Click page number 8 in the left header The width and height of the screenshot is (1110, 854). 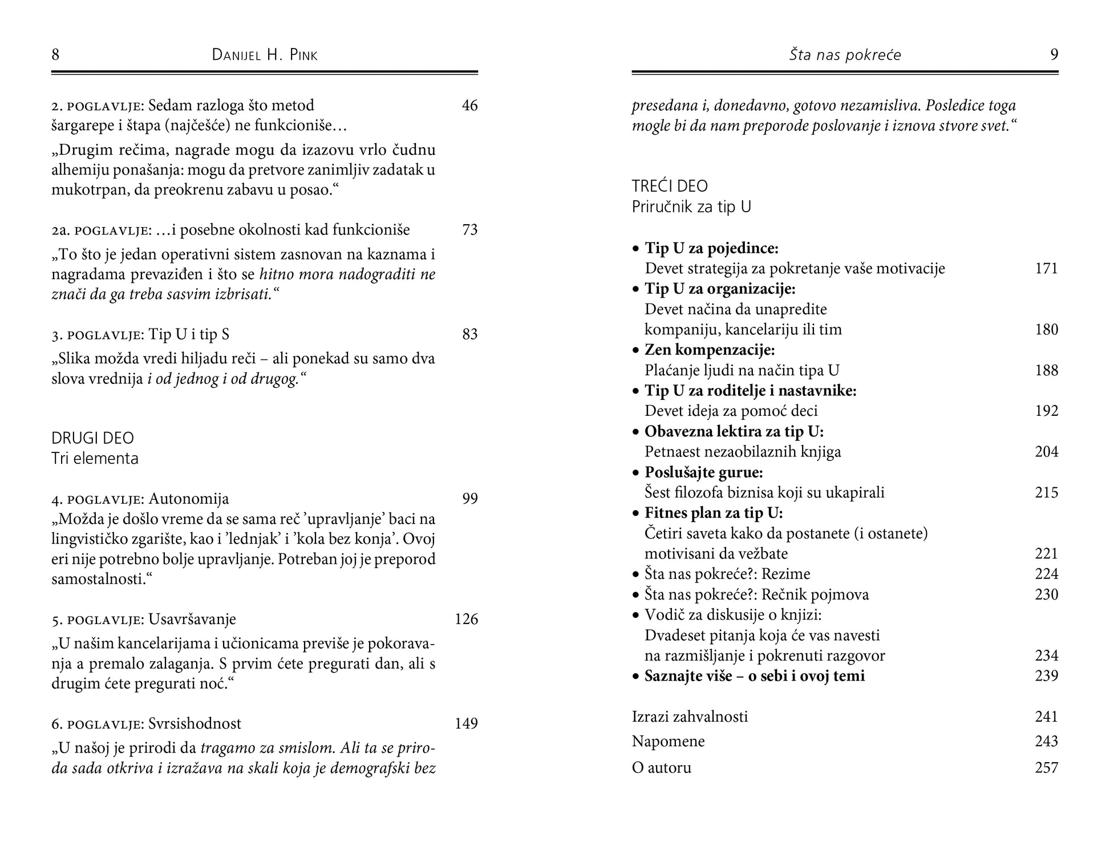point(55,55)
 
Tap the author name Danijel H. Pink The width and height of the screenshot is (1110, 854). point(265,55)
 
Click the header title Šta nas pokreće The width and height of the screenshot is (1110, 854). point(845,55)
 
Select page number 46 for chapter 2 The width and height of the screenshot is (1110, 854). point(469,106)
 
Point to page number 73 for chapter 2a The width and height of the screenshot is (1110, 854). point(469,230)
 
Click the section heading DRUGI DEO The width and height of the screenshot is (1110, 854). point(92,438)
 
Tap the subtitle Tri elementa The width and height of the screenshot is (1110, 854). point(95,459)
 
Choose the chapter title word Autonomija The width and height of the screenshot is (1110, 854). point(189,499)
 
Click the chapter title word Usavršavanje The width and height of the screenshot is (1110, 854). point(192,619)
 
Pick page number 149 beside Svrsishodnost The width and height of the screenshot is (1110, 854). point(466,723)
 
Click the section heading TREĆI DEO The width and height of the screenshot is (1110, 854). point(670,186)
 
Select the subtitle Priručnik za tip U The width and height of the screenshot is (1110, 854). point(691,207)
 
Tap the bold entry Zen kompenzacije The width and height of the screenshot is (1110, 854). point(710,350)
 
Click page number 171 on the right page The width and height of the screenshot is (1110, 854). point(1046,268)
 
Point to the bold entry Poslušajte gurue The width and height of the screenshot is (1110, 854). point(704,472)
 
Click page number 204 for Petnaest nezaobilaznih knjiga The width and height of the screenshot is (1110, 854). point(1046,452)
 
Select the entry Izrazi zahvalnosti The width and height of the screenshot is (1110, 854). point(690,717)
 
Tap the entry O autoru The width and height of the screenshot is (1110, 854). point(662,768)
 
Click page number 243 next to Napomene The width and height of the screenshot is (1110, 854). point(1046,742)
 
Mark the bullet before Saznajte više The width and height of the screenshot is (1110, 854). point(636,677)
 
